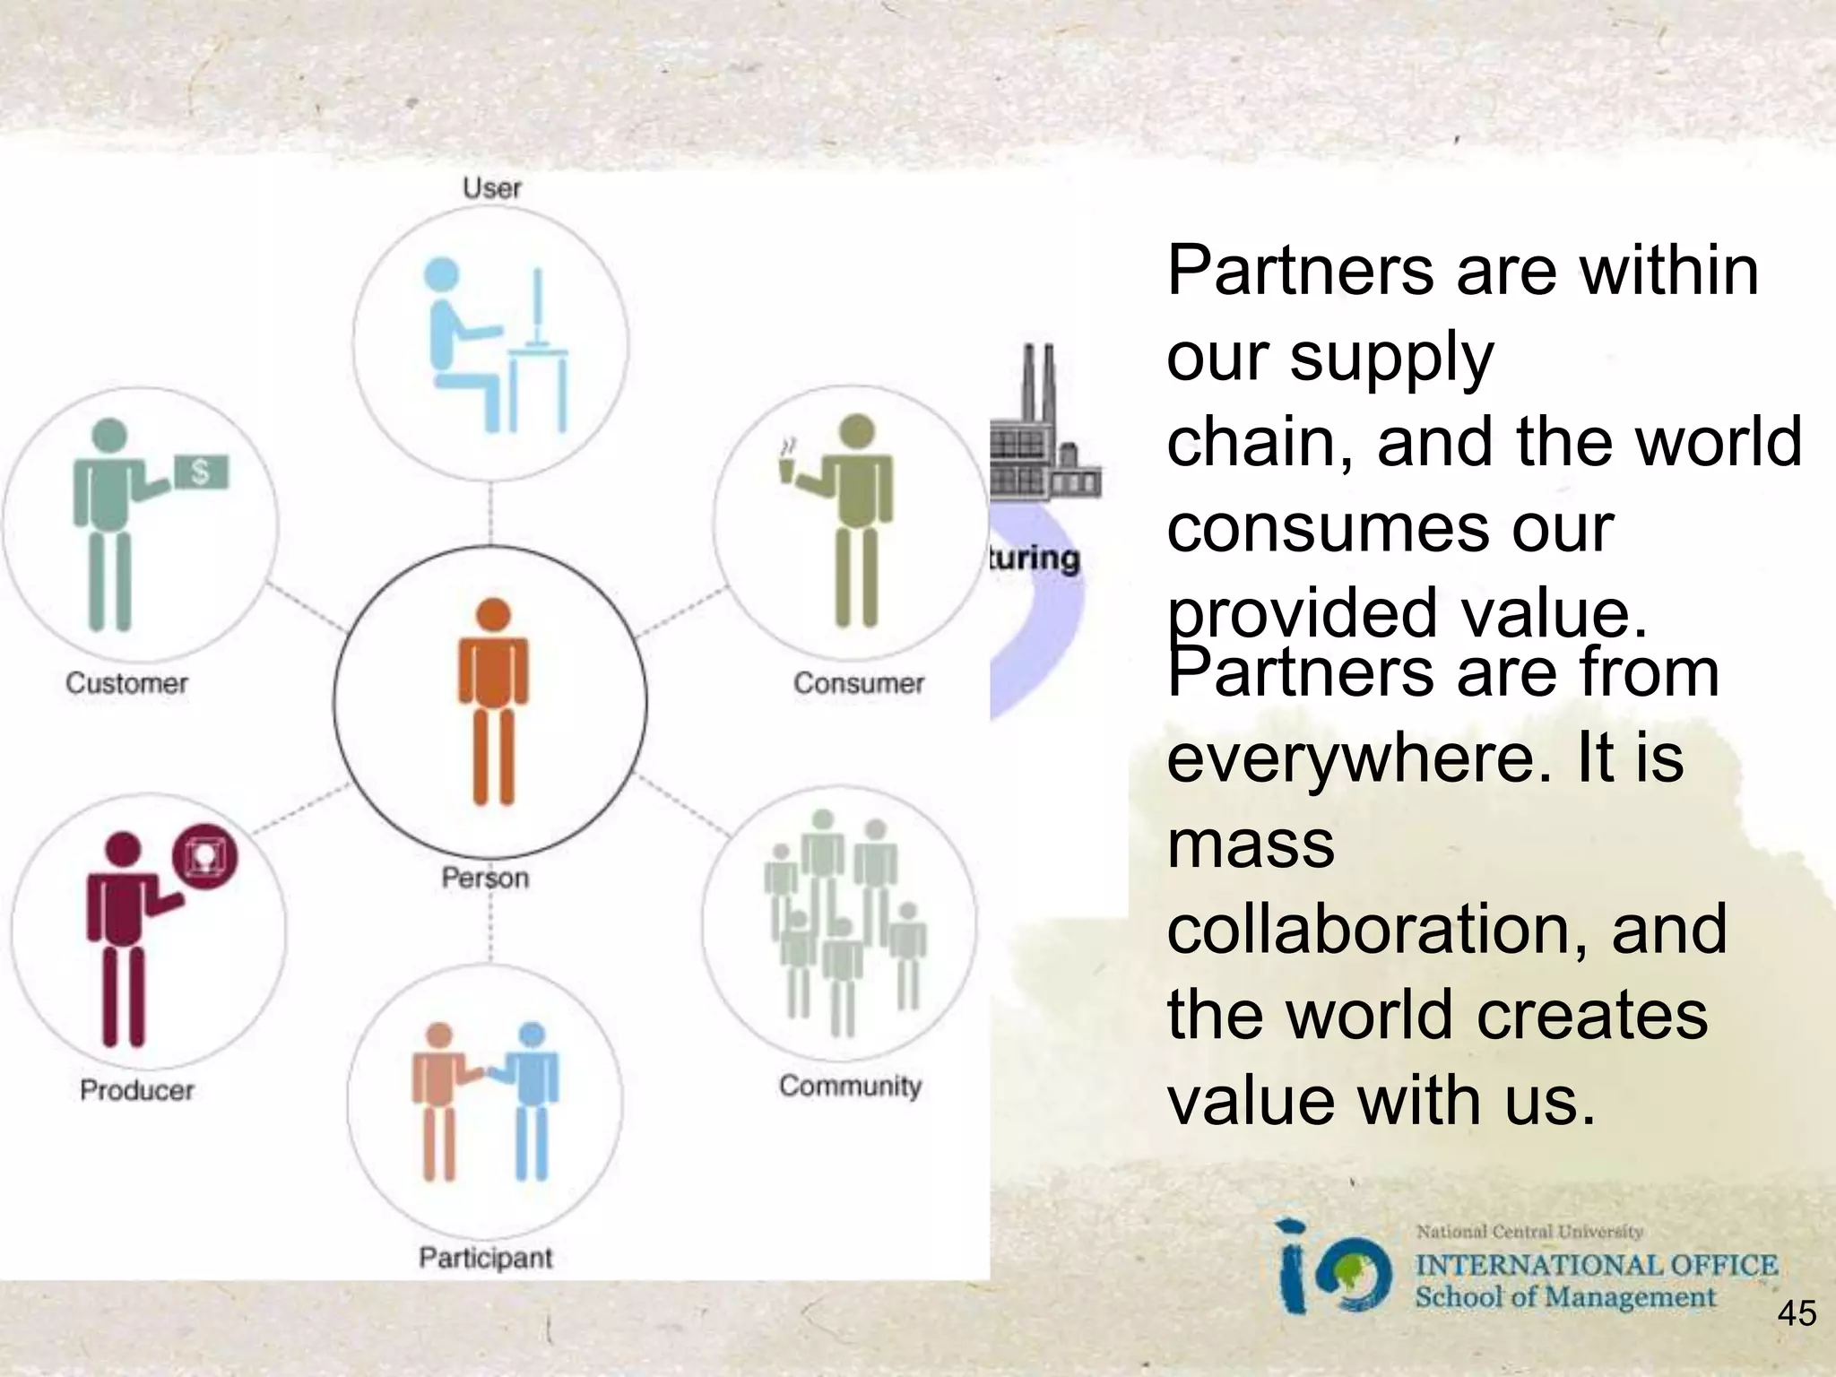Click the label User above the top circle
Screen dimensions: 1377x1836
pos(491,188)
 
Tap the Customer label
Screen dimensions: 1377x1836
pos(126,683)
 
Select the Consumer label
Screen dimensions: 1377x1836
pos(858,683)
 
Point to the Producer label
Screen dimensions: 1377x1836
pos(136,1090)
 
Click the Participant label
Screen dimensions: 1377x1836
pos(485,1258)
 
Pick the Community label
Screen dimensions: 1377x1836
pos(850,1086)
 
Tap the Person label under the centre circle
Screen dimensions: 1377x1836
pos(485,878)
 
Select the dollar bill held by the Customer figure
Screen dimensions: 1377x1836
pos(201,472)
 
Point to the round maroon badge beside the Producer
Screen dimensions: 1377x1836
pos(205,855)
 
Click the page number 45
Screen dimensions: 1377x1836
pos(1797,1314)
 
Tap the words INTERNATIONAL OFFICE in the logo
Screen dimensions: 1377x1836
pos(1596,1265)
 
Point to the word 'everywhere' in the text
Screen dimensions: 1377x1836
pos(1358,758)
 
